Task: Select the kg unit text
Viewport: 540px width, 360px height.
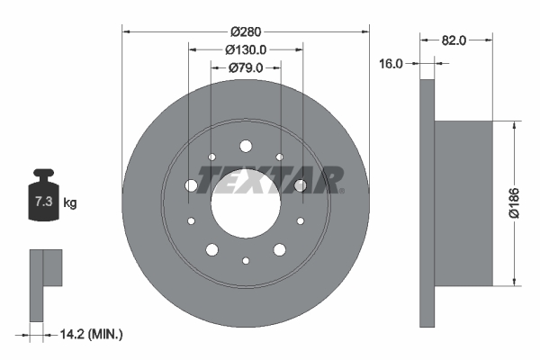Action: coord(70,203)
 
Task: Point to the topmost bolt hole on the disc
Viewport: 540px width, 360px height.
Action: coord(246,146)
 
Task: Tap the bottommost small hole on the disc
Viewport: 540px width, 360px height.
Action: coord(246,260)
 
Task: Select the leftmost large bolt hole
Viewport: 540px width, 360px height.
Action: coord(191,184)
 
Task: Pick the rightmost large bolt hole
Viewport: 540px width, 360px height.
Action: coord(301,185)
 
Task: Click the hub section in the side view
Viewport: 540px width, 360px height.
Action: coord(463,202)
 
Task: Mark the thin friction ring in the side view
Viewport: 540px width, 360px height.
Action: coord(427,202)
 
